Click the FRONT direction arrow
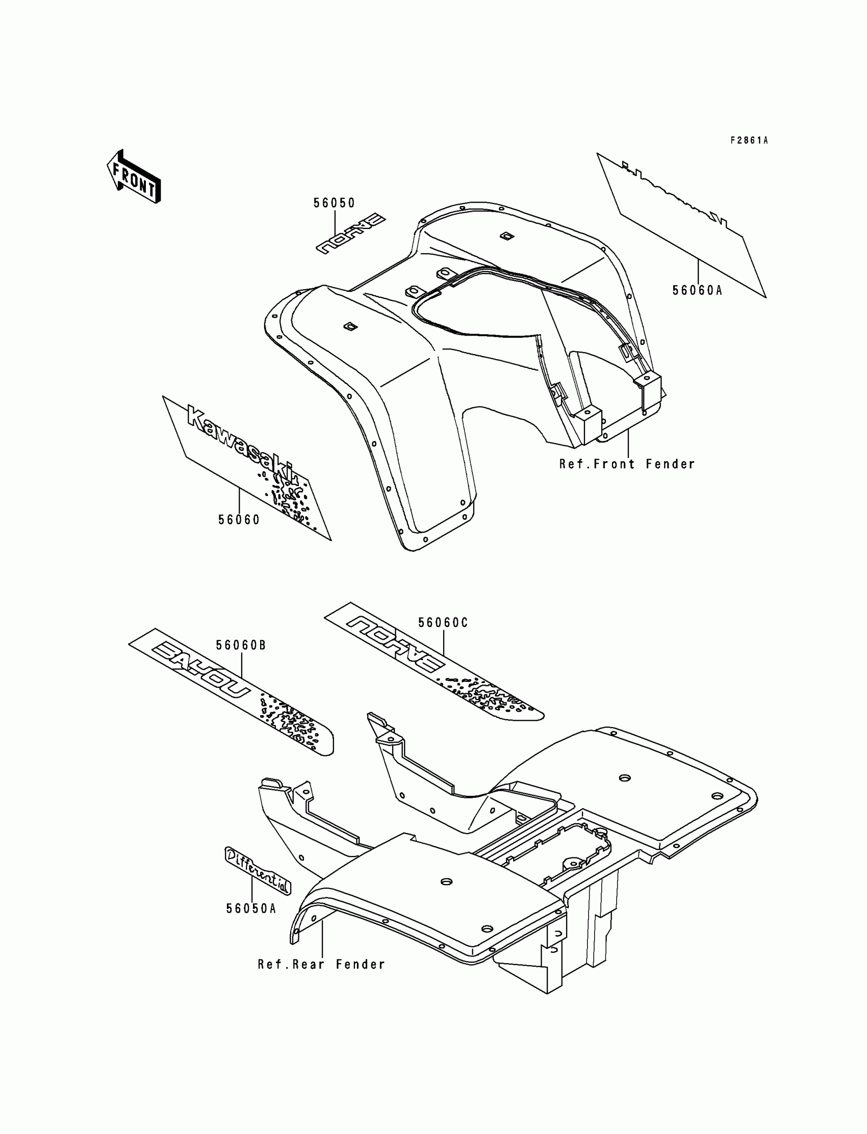coord(134,177)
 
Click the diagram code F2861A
coord(749,140)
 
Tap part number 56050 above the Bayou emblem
coord(335,204)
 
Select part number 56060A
coord(697,291)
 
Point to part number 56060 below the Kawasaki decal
coord(239,520)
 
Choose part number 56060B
coord(241,646)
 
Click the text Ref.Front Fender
coord(627,465)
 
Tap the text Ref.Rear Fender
coord(321,964)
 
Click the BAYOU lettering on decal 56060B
coord(199,670)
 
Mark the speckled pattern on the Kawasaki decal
coord(289,495)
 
